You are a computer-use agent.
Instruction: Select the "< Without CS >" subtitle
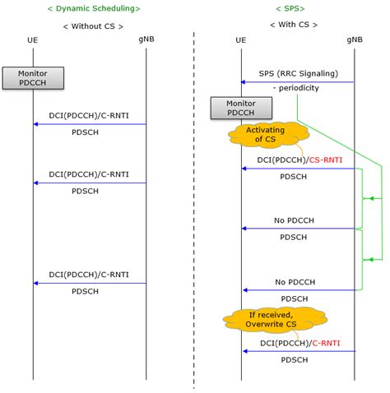tap(93, 25)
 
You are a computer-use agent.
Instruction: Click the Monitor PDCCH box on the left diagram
tap(33, 77)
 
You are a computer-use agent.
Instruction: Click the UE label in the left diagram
tap(33, 39)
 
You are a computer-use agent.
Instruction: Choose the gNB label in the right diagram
tap(355, 39)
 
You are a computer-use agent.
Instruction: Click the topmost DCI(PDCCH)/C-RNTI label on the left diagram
tap(89, 115)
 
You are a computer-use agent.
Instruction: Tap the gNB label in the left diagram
tap(146, 39)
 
